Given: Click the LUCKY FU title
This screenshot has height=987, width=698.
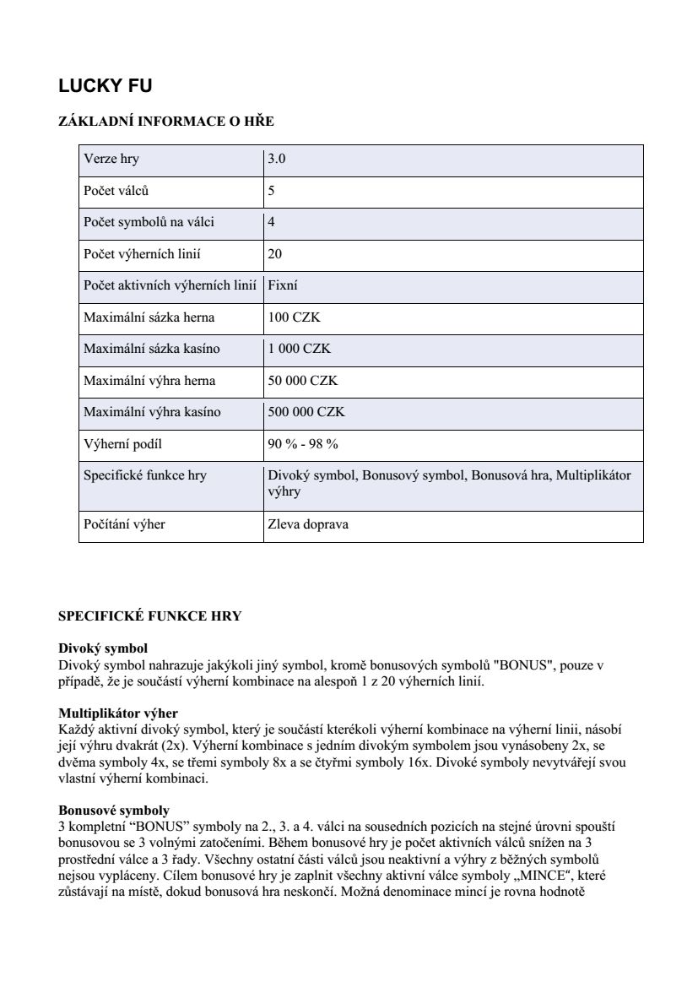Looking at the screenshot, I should click(x=105, y=86).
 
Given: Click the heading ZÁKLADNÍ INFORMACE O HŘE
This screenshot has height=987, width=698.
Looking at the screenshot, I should click(x=165, y=122).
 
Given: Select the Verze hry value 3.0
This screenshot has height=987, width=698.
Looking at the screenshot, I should click(x=277, y=159).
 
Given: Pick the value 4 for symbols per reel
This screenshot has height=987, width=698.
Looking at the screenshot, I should click(x=271, y=222).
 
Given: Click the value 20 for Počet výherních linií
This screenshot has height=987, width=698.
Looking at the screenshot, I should click(x=274, y=254).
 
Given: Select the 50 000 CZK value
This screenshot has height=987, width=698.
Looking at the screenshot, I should click(x=302, y=381).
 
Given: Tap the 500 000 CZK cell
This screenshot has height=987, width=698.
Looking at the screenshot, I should click(x=306, y=412).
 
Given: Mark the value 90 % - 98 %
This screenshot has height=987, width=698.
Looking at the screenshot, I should click(x=302, y=444).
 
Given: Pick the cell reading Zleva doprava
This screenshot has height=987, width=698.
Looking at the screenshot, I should click(x=307, y=524).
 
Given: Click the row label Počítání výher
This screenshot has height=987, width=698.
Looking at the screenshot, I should click(x=124, y=524).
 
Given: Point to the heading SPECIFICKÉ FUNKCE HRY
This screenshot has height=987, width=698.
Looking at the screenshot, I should click(x=149, y=616).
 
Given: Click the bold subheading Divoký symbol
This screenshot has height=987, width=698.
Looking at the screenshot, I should click(x=103, y=648).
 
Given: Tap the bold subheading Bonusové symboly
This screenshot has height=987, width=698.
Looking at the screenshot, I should click(x=113, y=811).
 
